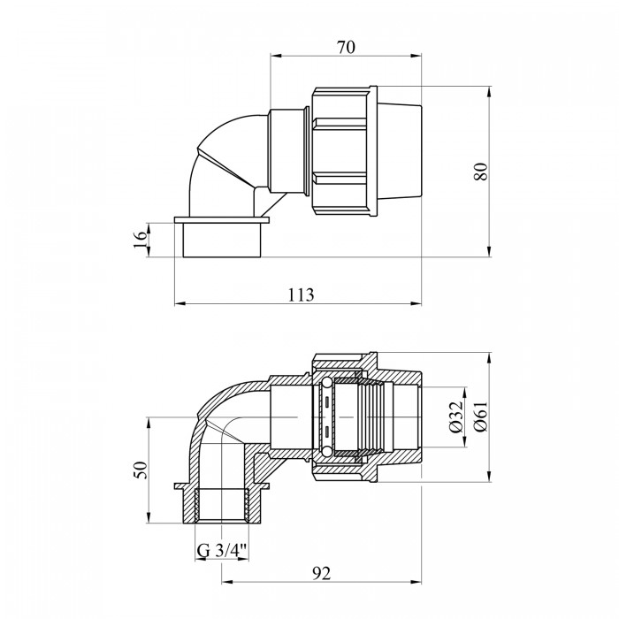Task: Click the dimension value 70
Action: tap(346, 48)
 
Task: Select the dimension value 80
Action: tap(482, 172)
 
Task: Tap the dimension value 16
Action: tap(140, 240)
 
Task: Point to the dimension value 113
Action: tap(301, 294)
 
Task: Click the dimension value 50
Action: tap(141, 470)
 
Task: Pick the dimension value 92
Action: tap(321, 574)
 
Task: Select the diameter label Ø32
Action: tap(455, 417)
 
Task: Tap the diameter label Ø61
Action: tap(482, 416)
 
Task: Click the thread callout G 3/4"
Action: tap(221, 551)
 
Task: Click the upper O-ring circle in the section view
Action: tap(326, 383)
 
